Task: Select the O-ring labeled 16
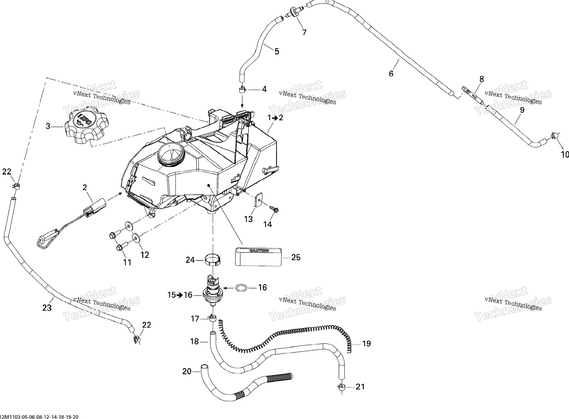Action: pos(241,288)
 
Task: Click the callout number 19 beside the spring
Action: pos(366,344)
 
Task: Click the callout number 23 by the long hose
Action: pos(47,308)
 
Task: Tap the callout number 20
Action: pos(187,372)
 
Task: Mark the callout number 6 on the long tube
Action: pos(391,74)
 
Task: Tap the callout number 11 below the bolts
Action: pos(127,262)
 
